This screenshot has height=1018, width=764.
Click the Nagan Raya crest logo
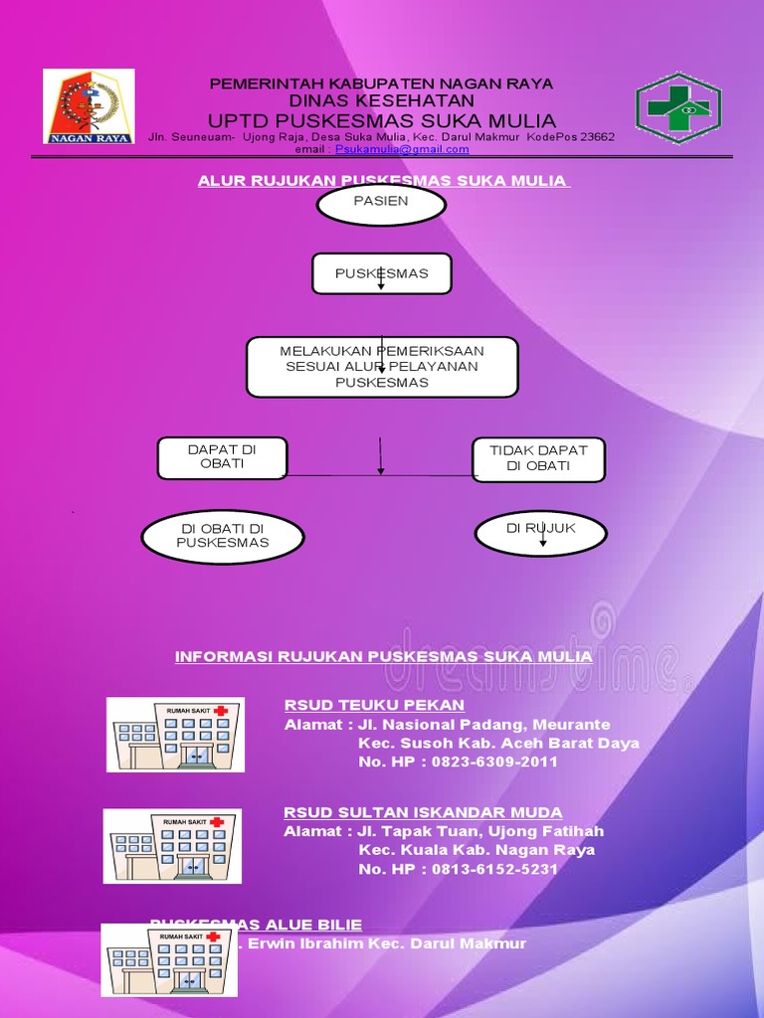click(89, 106)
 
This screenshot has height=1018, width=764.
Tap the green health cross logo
click(678, 108)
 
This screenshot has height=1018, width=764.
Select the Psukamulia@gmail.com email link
click(402, 149)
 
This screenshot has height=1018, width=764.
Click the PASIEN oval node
click(381, 204)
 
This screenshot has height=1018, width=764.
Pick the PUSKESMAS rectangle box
click(382, 273)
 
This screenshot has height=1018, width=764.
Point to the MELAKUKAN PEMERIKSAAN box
click(382, 367)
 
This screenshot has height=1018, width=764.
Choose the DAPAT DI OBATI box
click(222, 457)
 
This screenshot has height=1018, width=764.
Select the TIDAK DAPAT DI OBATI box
click(538, 458)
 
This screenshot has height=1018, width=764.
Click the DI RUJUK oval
click(541, 532)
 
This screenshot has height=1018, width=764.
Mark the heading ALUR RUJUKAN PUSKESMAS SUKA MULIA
click(382, 180)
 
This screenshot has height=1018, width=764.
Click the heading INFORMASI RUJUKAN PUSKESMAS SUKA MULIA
click(384, 657)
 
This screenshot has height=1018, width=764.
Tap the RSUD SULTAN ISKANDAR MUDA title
click(423, 812)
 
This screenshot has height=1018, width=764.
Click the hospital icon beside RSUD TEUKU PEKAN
click(175, 735)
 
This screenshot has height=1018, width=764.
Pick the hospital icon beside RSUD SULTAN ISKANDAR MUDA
click(173, 846)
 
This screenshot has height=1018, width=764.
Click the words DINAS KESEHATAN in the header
click(382, 100)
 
